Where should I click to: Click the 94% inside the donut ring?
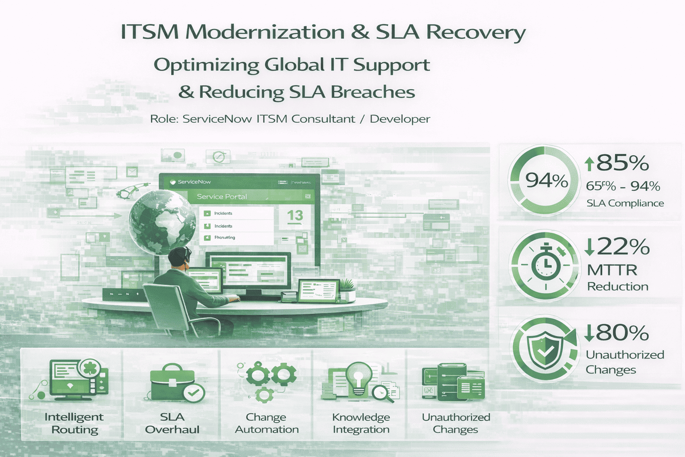546,180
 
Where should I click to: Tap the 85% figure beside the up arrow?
622,163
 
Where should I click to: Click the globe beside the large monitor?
162,221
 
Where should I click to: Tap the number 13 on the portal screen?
295,216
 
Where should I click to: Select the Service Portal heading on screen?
222,196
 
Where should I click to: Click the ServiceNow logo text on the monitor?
194,182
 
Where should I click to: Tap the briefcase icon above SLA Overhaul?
172,383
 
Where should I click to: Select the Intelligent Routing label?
74,423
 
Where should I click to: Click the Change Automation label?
267,423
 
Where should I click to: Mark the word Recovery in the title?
476,33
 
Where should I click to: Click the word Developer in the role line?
400,119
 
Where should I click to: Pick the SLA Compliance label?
625,204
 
